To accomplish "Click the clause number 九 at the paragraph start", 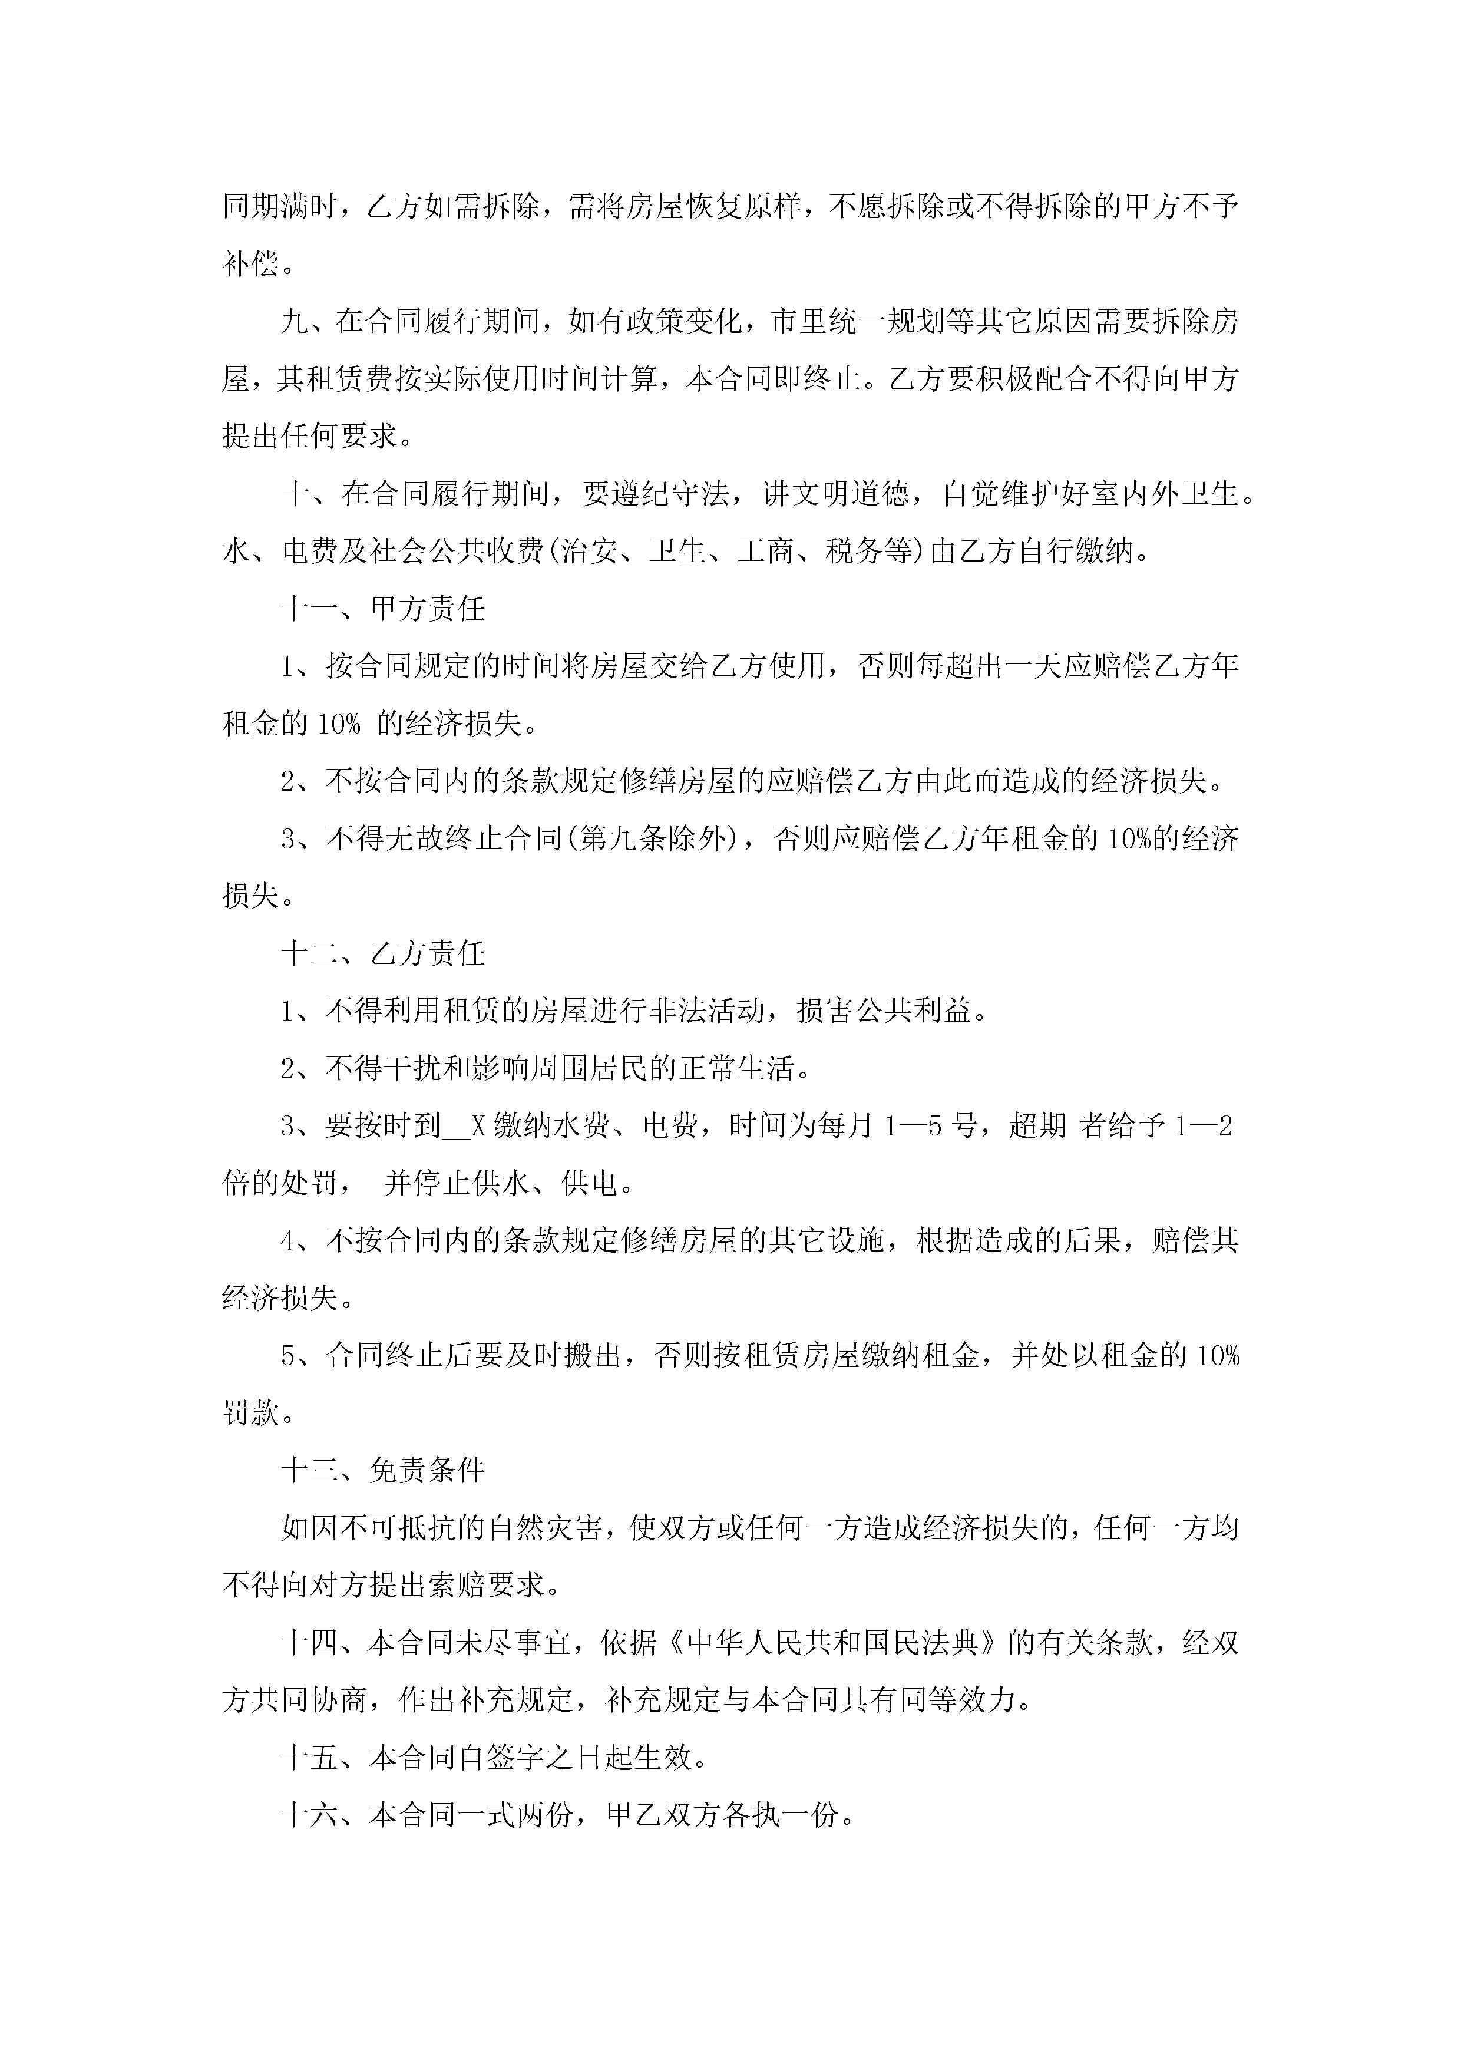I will coord(295,321).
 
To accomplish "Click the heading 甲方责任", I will coord(428,609).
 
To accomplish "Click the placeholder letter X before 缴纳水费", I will coord(479,1126).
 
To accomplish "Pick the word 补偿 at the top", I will coord(251,265).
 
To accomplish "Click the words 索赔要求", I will coord(487,1586).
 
